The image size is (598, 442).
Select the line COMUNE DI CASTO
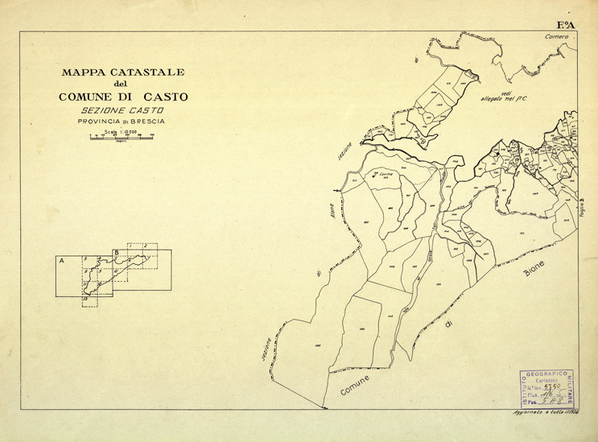123,97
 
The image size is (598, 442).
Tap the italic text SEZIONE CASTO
123,109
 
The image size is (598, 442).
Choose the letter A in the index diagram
62,261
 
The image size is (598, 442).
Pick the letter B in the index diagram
116,254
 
